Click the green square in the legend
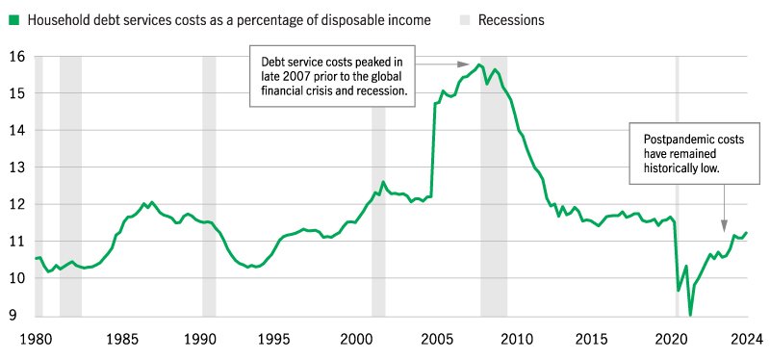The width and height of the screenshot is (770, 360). point(13,19)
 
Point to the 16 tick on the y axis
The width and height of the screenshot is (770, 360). point(15,56)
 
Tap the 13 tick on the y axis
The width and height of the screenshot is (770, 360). point(15,167)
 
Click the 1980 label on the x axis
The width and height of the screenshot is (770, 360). point(36,339)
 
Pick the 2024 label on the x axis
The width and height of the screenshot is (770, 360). point(746,339)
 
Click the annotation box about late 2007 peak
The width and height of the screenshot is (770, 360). point(331,74)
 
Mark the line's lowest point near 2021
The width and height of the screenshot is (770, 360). point(690,314)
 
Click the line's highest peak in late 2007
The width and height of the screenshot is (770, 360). point(479,64)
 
